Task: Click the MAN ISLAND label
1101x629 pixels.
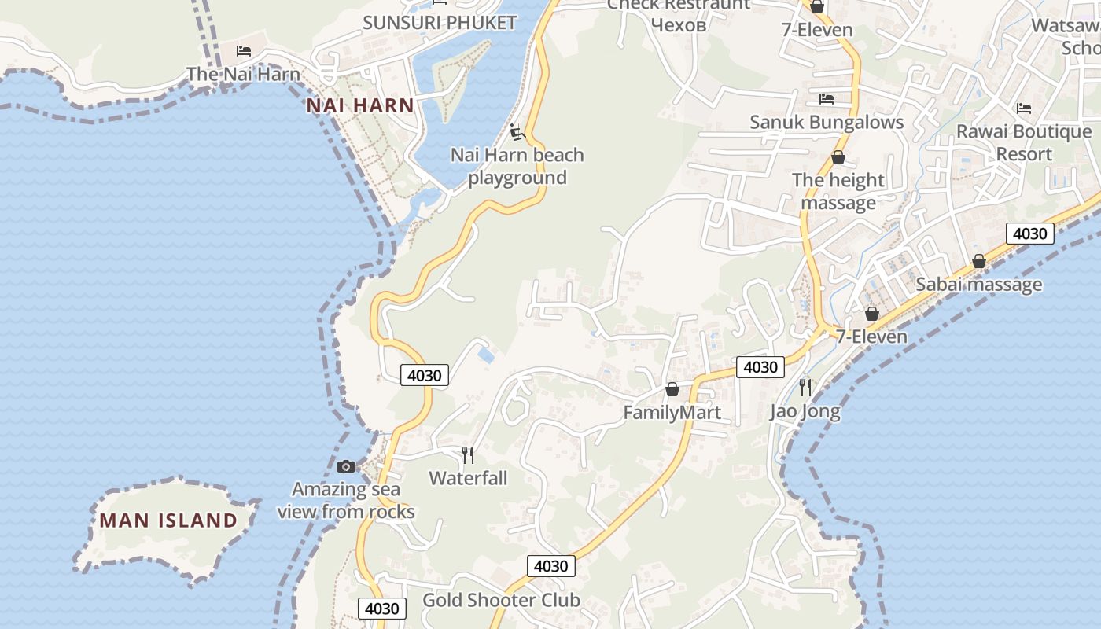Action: pyautogui.click(x=168, y=520)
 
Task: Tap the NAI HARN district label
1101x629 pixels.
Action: pyautogui.click(x=360, y=105)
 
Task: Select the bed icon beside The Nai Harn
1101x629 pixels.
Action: pyautogui.click(x=244, y=51)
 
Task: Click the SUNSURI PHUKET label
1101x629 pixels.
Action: pyautogui.click(x=440, y=23)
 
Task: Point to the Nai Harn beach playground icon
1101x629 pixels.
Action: pyautogui.click(x=517, y=131)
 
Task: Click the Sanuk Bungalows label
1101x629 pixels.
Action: pyautogui.click(x=827, y=123)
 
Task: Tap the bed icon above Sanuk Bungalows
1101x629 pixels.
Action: pyautogui.click(x=826, y=99)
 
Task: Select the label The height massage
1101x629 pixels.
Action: pyautogui.click(x=838, y=191)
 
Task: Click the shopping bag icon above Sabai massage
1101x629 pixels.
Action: pyautogui.click(x=979, y=261)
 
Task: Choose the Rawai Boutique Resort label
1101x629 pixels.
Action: pyautogui.click(x=1024, y=142)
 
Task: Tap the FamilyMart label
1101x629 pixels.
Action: pyautogui.click(x=672, y=413)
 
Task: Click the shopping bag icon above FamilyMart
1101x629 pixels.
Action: pyautogui.click(x=672, y=389)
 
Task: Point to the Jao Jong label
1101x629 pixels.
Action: pyautogui.click(x=805, y=411)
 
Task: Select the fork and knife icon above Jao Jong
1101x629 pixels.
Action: pyautogui.click(x=805, y=387)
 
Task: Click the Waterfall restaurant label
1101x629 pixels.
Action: pyautogui.click(x=468, y=478)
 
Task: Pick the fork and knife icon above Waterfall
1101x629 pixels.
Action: pyautogui.click(x=468, y=454)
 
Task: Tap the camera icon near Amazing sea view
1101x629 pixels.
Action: pyautogui.click(x=346, y=466)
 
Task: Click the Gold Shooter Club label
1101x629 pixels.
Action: pyautogui.click(x=502, y=601)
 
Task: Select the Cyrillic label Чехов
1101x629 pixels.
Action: pyautogui.click(x=679, y=24)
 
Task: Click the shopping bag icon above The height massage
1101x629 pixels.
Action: pyautogui.click(x=838, y=157)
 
